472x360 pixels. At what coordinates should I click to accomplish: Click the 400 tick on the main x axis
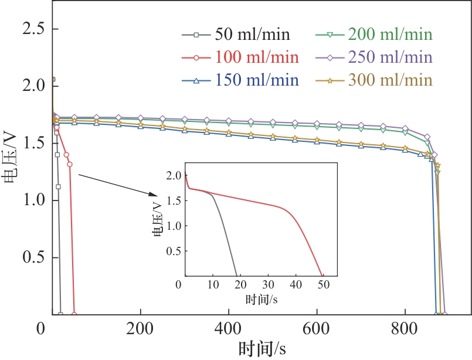229,327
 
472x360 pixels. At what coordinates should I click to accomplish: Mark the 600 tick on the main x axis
317,327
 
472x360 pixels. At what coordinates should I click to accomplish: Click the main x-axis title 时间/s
262,348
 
